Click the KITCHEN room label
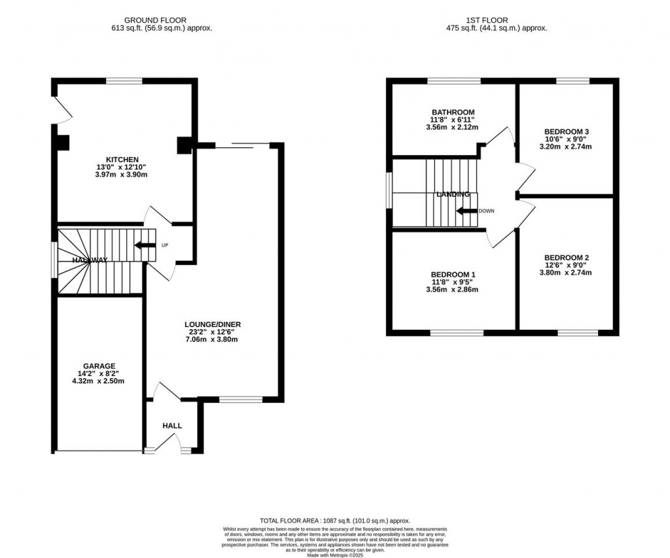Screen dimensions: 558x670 [122, 160]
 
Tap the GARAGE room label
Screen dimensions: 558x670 [99, 366]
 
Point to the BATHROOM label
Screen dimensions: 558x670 [452, 112]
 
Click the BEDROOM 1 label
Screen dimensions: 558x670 [453, 274]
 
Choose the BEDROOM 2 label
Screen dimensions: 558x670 [567, 257]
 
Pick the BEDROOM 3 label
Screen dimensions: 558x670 [567, 131]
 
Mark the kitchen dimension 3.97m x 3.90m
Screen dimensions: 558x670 [122, 175]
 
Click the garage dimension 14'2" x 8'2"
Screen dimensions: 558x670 [99, 374]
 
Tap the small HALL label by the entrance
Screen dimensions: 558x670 [172, 426]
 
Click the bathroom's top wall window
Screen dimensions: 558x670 [453, 81]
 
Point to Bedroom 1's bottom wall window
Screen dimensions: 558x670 [457, 333]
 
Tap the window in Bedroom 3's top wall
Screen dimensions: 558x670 [573, 81]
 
